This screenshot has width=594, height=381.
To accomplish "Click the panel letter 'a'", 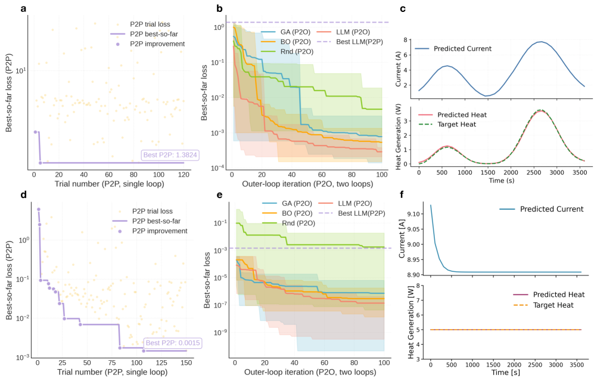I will pyautogui.click(x=8, y=8).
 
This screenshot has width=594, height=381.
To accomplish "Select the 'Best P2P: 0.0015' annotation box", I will pyautogui.click(x=172, y=343).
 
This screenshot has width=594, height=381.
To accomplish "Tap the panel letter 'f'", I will pyautogui.click(x=403, y=195).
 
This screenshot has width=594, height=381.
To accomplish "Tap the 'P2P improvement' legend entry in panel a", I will pyautogui.click(x=152, y=44).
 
